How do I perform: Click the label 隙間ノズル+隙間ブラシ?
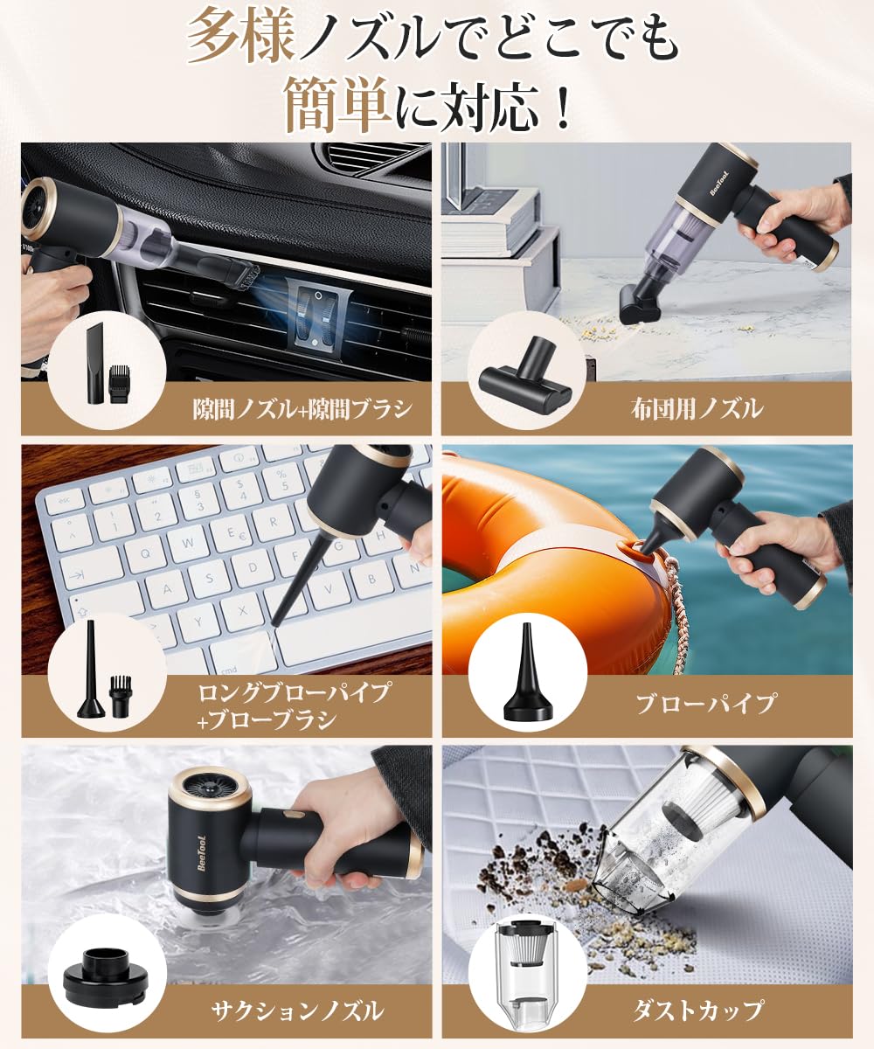[x=302, y=407]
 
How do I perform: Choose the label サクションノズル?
[x=296, y=1011]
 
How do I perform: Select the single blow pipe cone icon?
[x=525, y=673]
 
